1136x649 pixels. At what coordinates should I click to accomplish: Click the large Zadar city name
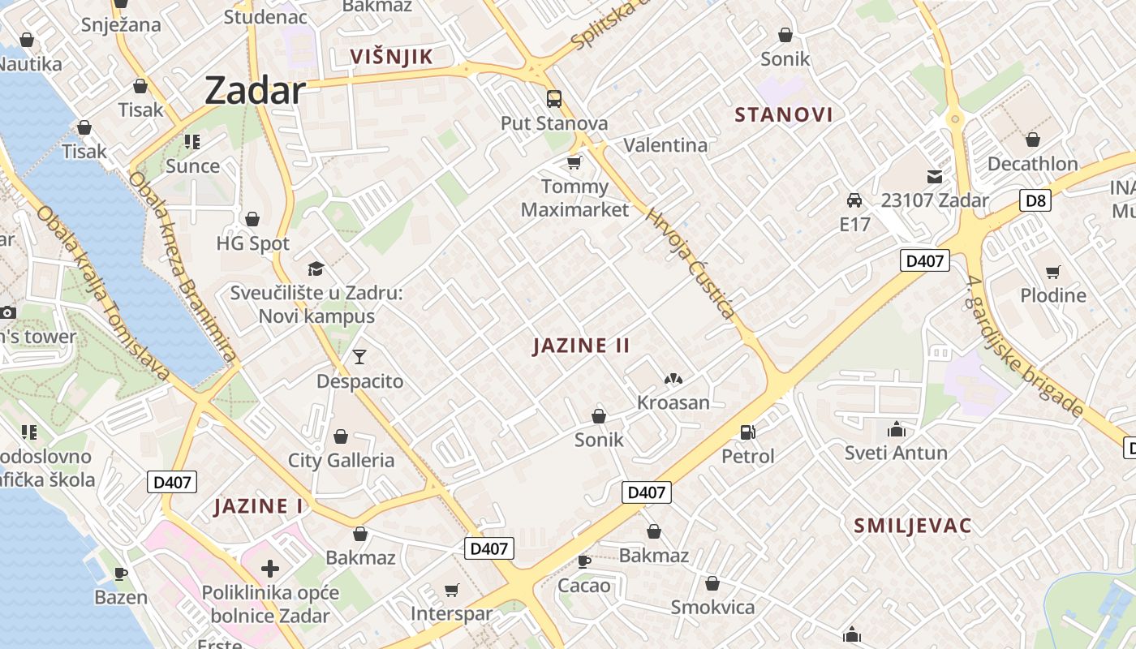coord(255,90)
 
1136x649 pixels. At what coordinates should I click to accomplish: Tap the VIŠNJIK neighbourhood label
coord(391,56)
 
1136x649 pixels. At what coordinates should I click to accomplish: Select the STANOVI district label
coord(784,114)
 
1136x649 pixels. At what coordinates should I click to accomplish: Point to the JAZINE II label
coord(581,346)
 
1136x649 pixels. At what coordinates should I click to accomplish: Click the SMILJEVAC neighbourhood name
coord(912,526)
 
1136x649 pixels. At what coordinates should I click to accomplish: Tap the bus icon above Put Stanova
coord(554,99)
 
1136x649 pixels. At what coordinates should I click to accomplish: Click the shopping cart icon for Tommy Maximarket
coord(574,163)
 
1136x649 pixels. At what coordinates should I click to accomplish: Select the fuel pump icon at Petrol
coord(747,432)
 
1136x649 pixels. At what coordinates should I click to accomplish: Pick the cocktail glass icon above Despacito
coord(359,356)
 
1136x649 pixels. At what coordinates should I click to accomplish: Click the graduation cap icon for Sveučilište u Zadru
coord(316,269)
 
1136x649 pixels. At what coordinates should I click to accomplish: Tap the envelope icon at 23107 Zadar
coord(935,176)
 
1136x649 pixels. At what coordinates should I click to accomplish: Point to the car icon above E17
coord(854,200)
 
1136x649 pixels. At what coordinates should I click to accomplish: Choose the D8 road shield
coord(1035,200)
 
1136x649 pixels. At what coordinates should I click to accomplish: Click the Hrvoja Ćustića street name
coord(691,264)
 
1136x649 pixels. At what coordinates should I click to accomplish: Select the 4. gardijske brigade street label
coord(1026,347)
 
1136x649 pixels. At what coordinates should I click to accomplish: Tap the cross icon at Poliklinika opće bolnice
coord(270,569)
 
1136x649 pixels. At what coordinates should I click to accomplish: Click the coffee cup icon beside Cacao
coord(583,561)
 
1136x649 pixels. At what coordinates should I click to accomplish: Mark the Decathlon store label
coord(1032,164)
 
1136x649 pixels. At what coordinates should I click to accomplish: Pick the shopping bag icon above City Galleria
coord(341,436)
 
